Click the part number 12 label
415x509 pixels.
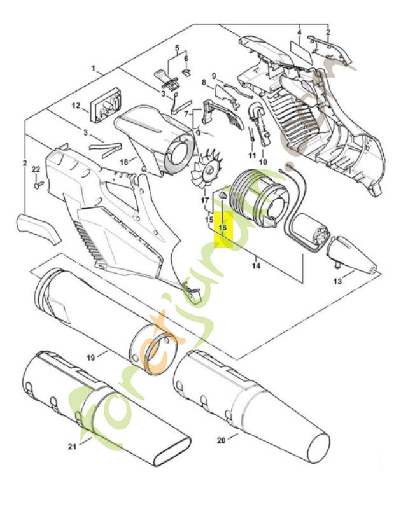[75, 106]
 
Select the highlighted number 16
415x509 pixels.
[223, 227]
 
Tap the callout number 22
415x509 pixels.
[36, 169]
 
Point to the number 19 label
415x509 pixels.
[91, 358]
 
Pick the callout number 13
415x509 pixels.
[337, 281]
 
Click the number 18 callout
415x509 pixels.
[124, 162]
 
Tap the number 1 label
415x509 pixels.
[93, 68]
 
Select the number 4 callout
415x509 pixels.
[299, 32]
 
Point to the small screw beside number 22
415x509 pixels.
[38, 184]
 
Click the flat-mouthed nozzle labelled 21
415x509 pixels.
[121, 414]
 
